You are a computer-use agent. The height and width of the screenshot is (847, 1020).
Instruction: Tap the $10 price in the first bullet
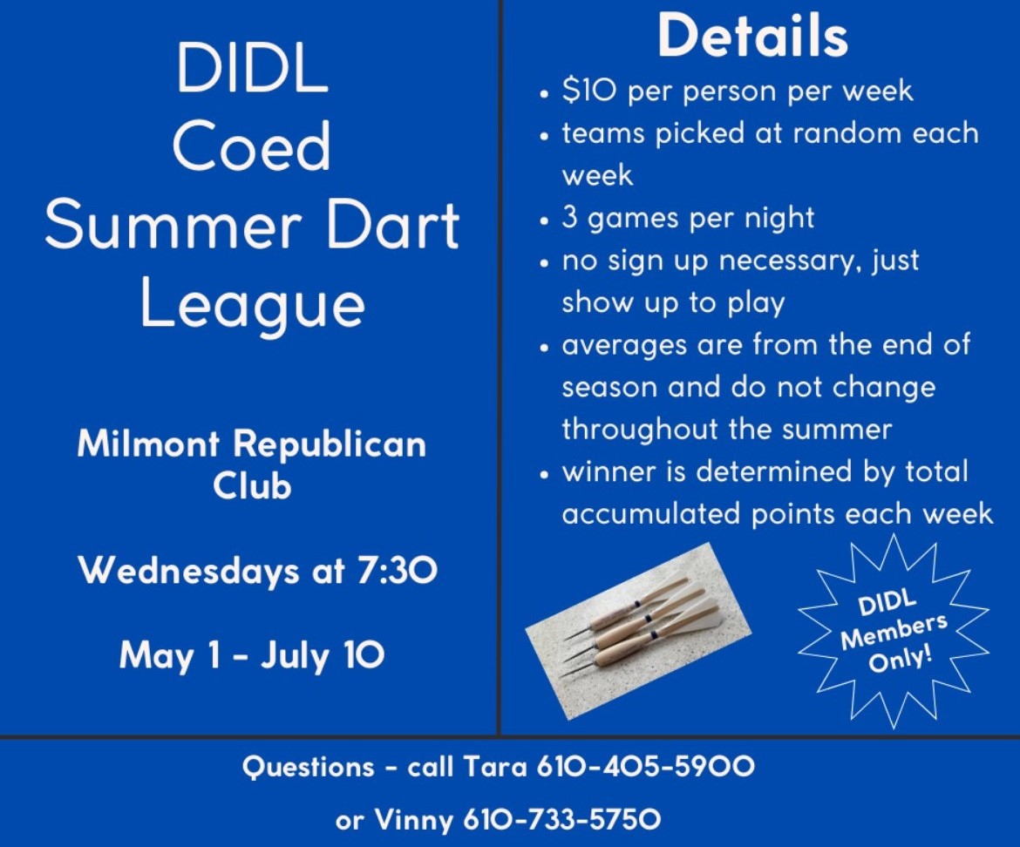[x=588, y=91]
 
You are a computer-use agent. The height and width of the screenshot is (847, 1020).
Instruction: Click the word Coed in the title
[x=252, y=146]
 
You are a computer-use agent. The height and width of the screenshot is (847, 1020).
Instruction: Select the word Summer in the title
[x=173, y=225]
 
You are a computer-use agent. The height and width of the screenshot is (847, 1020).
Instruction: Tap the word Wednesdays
[x=188, y=571]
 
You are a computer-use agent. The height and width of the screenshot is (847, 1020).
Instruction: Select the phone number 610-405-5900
[x=645, y=767]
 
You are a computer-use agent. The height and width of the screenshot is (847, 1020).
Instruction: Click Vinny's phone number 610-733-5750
[x=562, y=819]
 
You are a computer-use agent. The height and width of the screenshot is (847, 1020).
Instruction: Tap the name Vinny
[x=414, y=820]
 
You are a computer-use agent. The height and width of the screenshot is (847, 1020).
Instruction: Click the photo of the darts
[x=638, y=631]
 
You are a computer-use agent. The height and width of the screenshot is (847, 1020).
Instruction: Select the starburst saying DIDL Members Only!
[x=894, y=631]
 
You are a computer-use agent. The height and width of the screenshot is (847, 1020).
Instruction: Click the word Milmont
[x=148, y=444]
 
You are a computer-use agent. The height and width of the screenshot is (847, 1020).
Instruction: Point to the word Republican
[x=330, y=445]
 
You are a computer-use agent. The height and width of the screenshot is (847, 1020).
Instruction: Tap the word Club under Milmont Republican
[x=252, y=485]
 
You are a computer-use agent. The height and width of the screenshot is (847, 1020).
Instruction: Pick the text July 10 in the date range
[x=323, y=655]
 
